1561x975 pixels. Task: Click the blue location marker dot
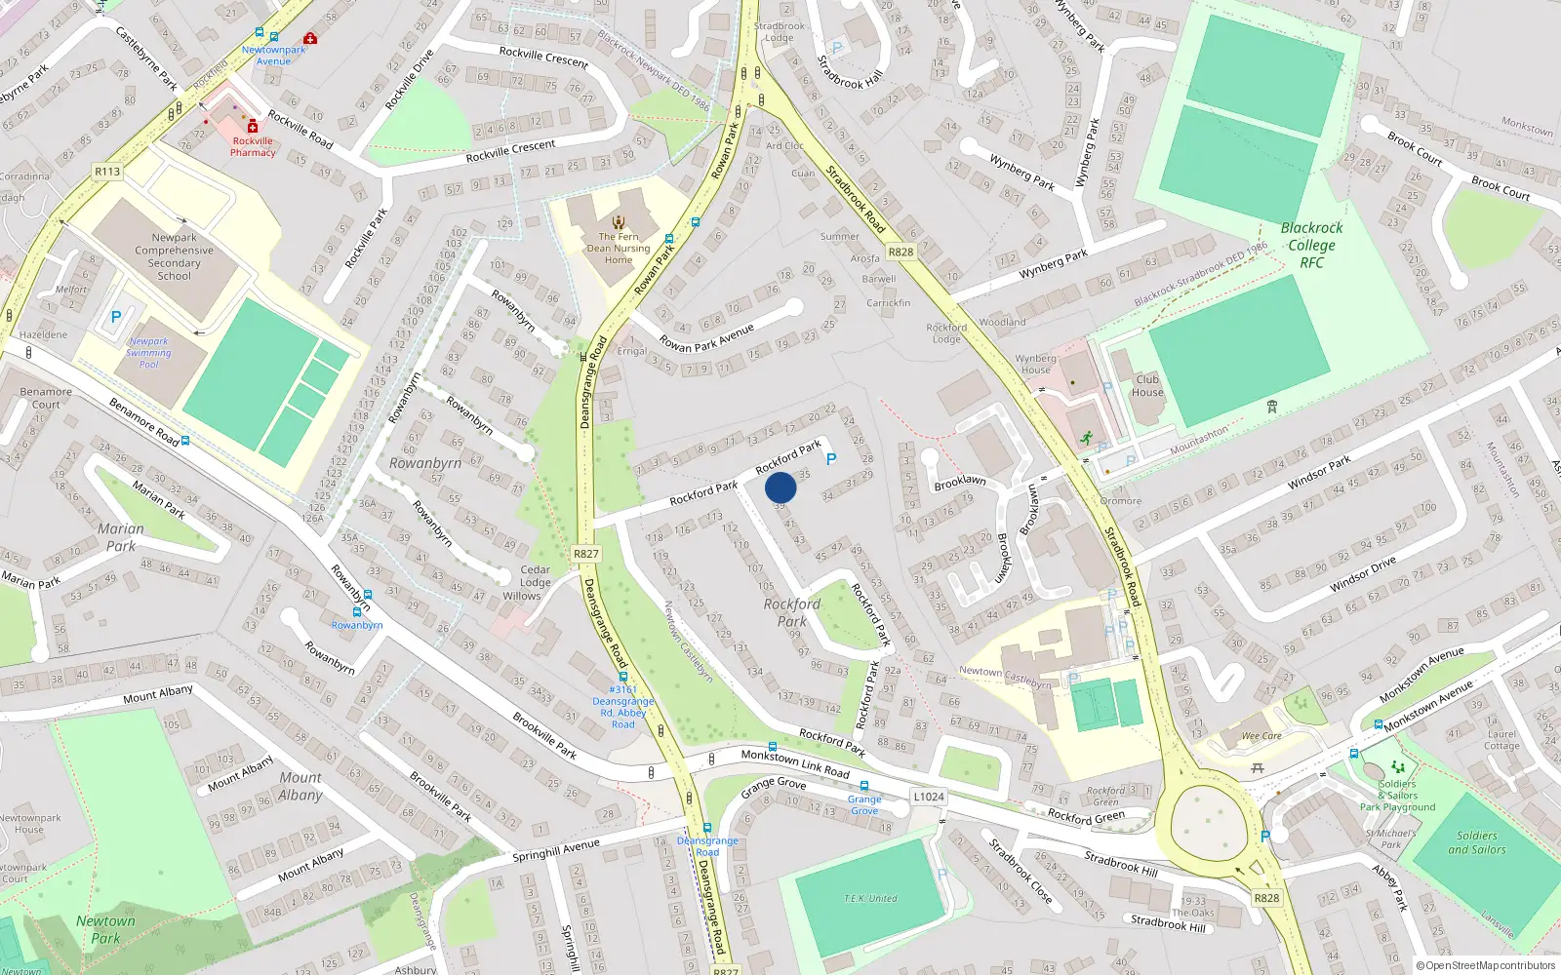pyautogui.click(x=780, y=487)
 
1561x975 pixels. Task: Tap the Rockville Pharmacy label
pyautogui.click(x=253, y=146)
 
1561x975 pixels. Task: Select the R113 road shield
pyautogui.click(x=107, y=172)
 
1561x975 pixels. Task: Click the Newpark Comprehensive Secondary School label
pyautogui.click(x=175, y=256)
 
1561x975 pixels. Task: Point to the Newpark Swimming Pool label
pyautogui.click(x=148, y=353)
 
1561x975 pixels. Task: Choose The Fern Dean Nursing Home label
pyautogui.click(x=619, y=248)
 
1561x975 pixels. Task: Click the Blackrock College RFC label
pyautogui.click(x=1312, y=245)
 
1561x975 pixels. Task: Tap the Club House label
pyautogui.click(x=1147, y=386)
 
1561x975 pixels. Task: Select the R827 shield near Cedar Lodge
pyautogui.click(x=586, y=554)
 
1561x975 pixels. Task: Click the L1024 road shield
pyautogui.click(x=929, y=797)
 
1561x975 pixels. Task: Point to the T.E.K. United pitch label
pyautogui.click(x=870, y=898)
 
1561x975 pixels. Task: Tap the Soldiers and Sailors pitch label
pyautogui.click(x=1476, y=842)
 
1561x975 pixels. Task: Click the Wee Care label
pyautogui.click(x=1261, y=736)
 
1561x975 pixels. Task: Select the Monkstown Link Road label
pyautogui.click(x=795, y=762)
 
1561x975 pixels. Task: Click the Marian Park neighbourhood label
pyautogui.click(x=121, y=537)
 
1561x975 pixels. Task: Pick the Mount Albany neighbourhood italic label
pyautogui.click(x=300, y=786)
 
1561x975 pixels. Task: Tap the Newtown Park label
pyautogui.click(x=105, y=930)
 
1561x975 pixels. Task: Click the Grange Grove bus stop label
pyautogui.click(x=864, y=804)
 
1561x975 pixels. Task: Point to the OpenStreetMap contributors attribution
pyautogui.click(x=1486, y=965)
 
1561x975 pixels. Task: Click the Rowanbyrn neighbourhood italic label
pyautogui.click(x=425, y=463)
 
